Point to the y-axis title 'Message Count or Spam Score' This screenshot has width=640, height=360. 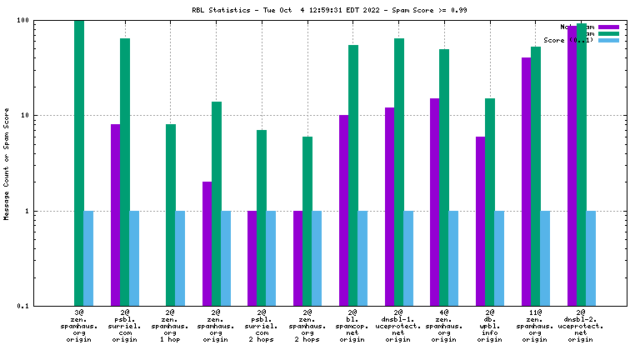[x=7, y=163]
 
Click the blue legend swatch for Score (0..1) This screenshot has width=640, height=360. [x=609, y=40]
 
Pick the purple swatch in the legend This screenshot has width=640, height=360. [x=609, y=27]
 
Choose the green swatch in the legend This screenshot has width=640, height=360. [x=609, y=33]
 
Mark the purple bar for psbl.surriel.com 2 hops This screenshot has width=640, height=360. [x=252, y=258]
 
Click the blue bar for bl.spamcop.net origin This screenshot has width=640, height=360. [x=362, y=258]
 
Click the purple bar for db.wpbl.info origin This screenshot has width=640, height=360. [x=481, y=221]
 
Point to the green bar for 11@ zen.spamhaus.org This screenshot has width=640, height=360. [x=536, y=176]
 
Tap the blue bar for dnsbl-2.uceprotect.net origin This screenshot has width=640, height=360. [x=591, y=258]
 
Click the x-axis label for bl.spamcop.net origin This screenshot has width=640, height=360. [x=353, y=326]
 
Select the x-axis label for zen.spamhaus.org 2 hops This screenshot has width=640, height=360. [x=307, y=326]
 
